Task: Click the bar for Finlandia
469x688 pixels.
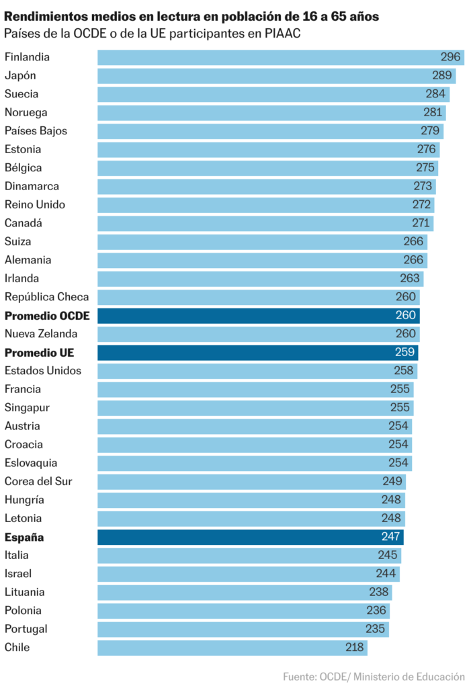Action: click(269, 57)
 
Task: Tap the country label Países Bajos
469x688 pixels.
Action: click(36, 131)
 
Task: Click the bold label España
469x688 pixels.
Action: click(24, 537)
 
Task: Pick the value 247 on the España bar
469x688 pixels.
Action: click(390, 537)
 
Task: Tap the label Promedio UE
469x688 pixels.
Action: click(39, 352)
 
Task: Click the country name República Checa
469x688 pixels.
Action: click(46, 297)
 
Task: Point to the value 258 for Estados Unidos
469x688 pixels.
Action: click(404, 371)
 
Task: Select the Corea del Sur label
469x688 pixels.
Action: click(38, 482)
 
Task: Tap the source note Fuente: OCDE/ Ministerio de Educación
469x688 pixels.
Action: click(374, 676)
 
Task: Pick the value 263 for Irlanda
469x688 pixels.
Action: click(410, 278)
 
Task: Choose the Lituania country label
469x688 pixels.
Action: click(25, 592)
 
